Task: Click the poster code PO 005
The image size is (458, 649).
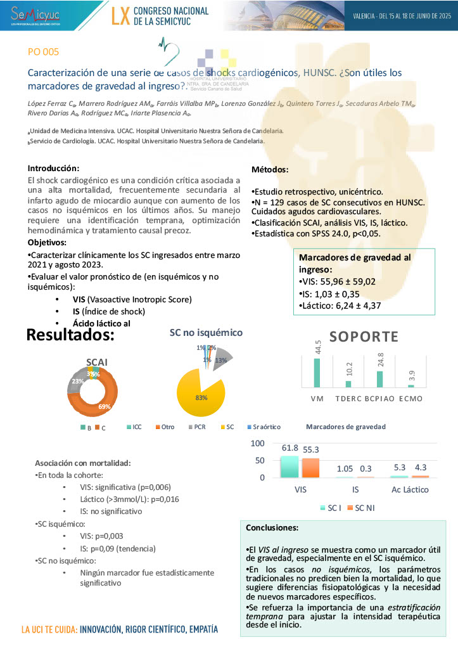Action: click(43, 52)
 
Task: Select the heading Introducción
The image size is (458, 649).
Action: click(53, 169)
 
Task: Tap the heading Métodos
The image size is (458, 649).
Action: click(270, 170)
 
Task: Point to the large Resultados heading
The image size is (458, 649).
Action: click(70, 334)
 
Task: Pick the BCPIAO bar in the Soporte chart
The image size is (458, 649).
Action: click(379, 378)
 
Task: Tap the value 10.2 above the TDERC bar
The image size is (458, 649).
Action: click(347, 369)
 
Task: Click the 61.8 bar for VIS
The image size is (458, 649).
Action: click(289, 466)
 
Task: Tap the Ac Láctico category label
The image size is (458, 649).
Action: click(409, 489)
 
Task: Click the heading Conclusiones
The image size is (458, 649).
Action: click(272, 527)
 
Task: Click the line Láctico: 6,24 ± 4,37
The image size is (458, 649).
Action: click(340, 305)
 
